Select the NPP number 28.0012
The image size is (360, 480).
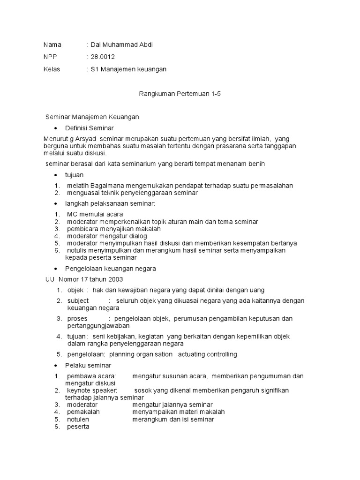103,57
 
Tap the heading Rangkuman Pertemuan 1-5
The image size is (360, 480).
180,94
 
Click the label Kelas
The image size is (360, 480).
52,69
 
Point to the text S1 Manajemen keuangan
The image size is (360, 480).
128,69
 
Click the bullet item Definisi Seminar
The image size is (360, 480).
89,128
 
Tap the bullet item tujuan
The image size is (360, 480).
75,175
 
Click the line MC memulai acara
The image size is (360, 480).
89,214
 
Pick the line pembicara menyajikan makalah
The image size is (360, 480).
113,229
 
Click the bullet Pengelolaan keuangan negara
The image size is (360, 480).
111,269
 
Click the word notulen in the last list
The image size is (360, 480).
78,420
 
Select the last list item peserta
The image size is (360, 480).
78,427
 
